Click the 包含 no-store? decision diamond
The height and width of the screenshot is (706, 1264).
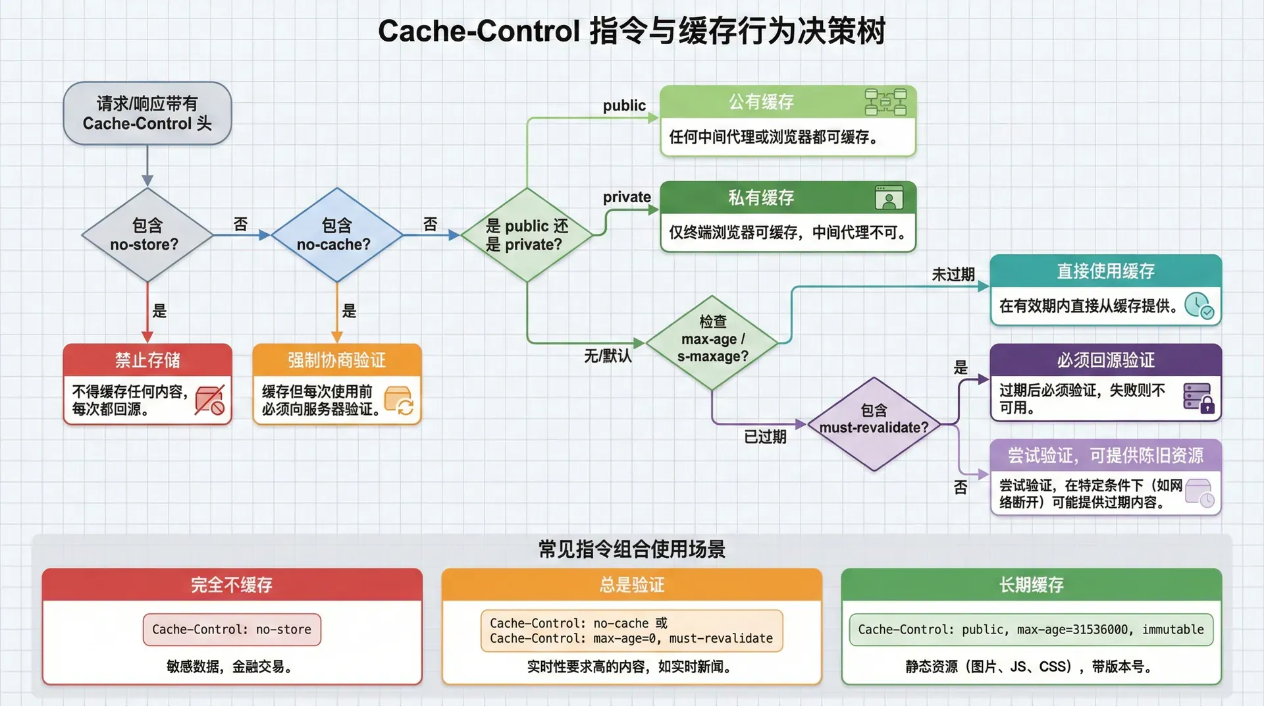point(147,235)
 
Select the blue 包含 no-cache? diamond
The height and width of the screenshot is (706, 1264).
point(336,235)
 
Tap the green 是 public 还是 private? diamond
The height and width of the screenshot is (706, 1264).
point(527,235)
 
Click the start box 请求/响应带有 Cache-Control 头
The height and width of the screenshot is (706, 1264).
point(147,113)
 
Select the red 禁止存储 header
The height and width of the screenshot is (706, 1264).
point(147,360)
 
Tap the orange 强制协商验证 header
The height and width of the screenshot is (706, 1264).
point(336,360)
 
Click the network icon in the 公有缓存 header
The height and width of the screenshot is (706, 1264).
point(885,102)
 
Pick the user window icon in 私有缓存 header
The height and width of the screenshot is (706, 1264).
point(889,198)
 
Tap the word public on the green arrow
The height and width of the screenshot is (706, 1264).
point(624,105)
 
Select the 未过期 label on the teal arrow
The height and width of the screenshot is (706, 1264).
point(953,274)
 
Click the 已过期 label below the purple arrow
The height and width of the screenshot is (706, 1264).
point(765,437)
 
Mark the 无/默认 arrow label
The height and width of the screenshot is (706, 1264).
point(608,356)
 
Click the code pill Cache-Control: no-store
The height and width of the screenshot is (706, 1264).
point(232,630)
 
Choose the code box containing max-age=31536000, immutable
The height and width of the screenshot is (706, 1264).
point(1031,630)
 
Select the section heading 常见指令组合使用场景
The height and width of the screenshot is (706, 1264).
point(631,549)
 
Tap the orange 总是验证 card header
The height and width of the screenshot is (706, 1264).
point(631,584)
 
